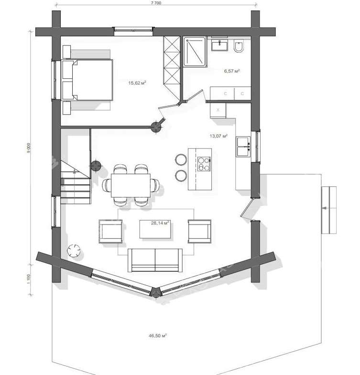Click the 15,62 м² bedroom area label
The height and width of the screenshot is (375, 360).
(x=137, y=83)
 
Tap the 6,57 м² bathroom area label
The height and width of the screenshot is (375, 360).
(x=232, y=71)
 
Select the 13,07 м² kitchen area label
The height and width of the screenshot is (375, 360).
(x=218, y=136)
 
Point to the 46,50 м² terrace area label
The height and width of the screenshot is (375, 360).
(x=157, y=335)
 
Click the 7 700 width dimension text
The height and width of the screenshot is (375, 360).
(x=156, y=3)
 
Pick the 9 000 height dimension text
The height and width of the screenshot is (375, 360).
(x=29, y=148)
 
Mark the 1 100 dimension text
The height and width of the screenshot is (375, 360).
(x=29, y=279)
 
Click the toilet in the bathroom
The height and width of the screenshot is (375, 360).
(x=239, y=46)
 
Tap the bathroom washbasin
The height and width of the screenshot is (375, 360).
(x=219, y=44)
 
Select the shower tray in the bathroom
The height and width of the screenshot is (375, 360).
(x=195, y=52)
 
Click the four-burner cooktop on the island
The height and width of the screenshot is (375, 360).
(x=204, y=164)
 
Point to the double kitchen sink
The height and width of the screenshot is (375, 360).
(x=243, y=147)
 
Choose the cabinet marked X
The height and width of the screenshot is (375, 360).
(x=218, y=110)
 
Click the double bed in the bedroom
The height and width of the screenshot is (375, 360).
(x=87, y=80)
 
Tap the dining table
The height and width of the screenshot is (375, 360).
(x=131, y=185)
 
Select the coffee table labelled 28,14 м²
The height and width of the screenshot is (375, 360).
(x=155, y=229)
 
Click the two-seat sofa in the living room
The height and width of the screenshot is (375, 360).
(x=155, y=260)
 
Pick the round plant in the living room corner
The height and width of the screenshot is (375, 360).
(x=74, y=250)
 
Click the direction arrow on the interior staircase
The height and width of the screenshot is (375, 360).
(x=75, y=171)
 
